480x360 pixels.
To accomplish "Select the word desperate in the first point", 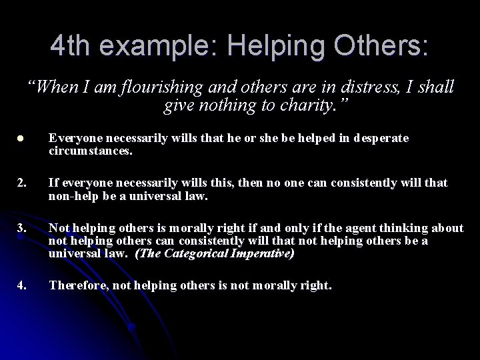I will pos(377,138).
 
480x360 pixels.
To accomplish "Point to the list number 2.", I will pos(22,183).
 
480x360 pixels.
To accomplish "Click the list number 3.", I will pos(22,229).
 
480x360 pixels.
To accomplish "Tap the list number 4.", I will pos(22,286).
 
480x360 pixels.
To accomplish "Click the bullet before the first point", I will pos(21,138).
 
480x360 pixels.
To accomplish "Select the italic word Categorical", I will pos(189,253).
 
